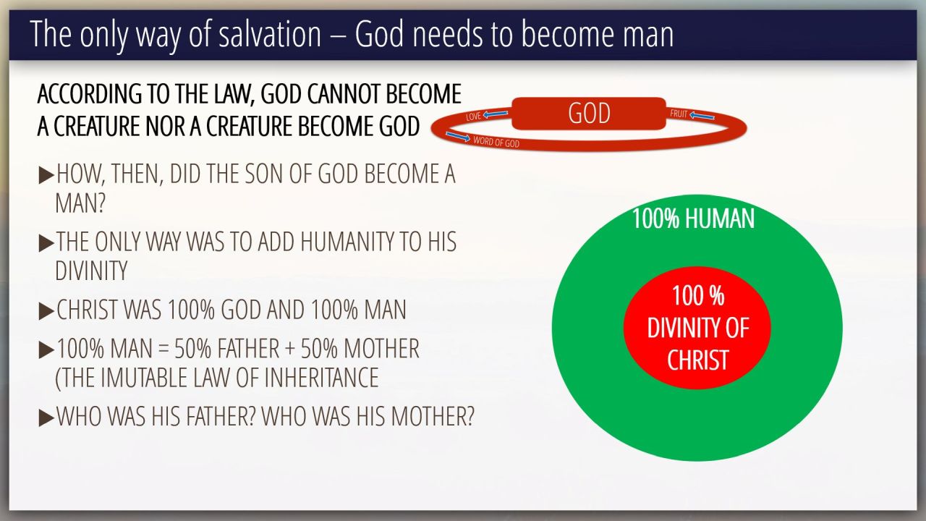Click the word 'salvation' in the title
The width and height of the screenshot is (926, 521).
(270, 34)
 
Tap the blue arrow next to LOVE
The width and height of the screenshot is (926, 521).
(496, 114)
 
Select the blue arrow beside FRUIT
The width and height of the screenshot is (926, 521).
(702, 117)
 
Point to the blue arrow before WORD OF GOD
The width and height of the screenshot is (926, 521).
(458, 137)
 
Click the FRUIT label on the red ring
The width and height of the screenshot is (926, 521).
(679, 114)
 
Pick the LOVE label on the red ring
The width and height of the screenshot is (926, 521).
(473, 116)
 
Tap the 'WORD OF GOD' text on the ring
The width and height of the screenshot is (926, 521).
(496, 143)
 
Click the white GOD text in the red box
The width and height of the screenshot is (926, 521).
(589, 114)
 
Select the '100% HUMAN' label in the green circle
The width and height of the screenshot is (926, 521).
(693, 219)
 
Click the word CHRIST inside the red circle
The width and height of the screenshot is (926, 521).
(697, 360)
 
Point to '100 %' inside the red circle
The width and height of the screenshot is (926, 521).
(698, 296)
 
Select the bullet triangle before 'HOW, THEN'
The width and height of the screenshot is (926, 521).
(46, 175)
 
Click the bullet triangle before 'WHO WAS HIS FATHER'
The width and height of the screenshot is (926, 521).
(46, 418)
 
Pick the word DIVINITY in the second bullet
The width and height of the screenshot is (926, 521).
(91, 271)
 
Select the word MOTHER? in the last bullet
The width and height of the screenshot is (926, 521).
(433, 416)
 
